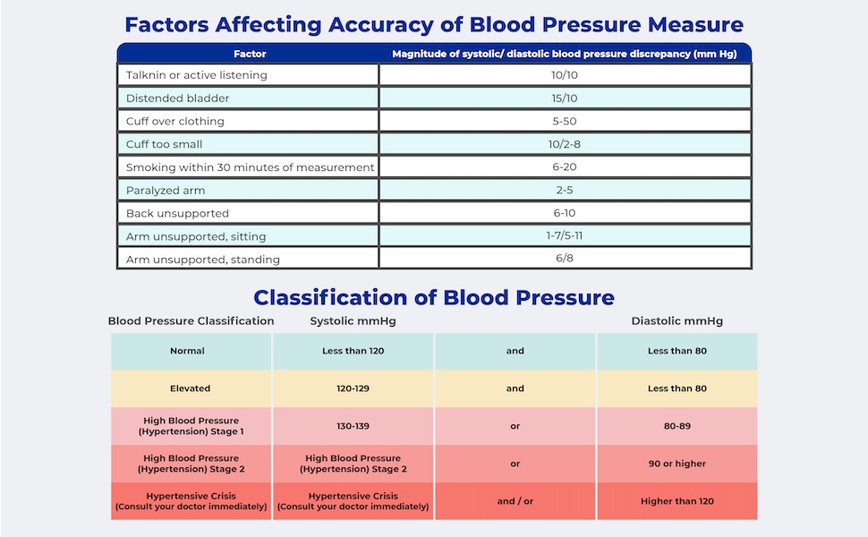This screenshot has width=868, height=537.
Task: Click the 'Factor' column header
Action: click(250, 54)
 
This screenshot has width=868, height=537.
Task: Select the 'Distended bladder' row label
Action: click(177, 98)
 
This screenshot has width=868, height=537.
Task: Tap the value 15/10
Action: click(564, 98)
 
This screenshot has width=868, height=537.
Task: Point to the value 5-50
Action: click(564, 121)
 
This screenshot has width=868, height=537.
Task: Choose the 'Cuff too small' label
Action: click(164, 144)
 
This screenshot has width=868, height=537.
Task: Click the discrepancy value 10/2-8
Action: click(564, 144)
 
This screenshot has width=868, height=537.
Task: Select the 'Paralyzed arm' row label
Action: click(166, 191)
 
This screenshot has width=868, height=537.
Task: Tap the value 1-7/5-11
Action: click(564, 235)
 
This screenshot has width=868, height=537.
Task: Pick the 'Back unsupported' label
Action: click(177, 213)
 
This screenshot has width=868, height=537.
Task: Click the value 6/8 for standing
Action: click(564, 258)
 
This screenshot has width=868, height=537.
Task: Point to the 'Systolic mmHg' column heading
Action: click(353, 321)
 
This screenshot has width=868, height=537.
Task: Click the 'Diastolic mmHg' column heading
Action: click(677, 321)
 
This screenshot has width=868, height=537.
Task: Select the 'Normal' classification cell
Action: click(187, 351)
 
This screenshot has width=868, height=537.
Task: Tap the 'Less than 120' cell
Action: click(353, 351)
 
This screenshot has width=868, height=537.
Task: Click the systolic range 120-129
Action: click(353, 388)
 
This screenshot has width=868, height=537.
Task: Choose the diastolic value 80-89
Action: click(677, 426)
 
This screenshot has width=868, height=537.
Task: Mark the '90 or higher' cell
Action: click(677, 464)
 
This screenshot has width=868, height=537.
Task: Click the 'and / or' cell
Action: click(515, 501)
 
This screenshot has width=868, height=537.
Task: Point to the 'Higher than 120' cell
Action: click(677, 501)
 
